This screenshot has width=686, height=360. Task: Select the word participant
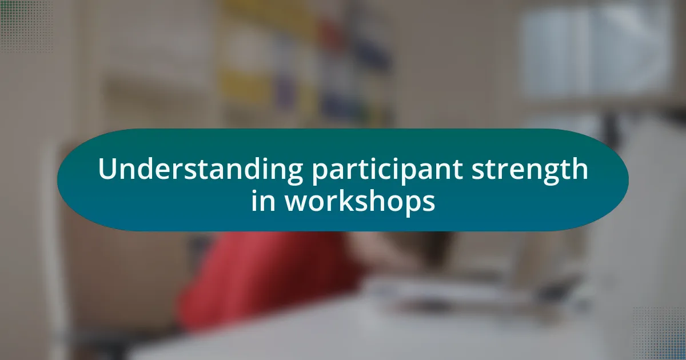[387, 171]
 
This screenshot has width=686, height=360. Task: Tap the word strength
[530, 170]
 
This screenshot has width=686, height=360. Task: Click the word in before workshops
[263, 201]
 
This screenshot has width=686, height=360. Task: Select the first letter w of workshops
[297, 203]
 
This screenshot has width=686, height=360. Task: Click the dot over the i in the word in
[254, 191]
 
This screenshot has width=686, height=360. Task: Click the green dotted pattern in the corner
[26, 26]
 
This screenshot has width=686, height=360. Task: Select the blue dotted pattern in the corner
[659, 334]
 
